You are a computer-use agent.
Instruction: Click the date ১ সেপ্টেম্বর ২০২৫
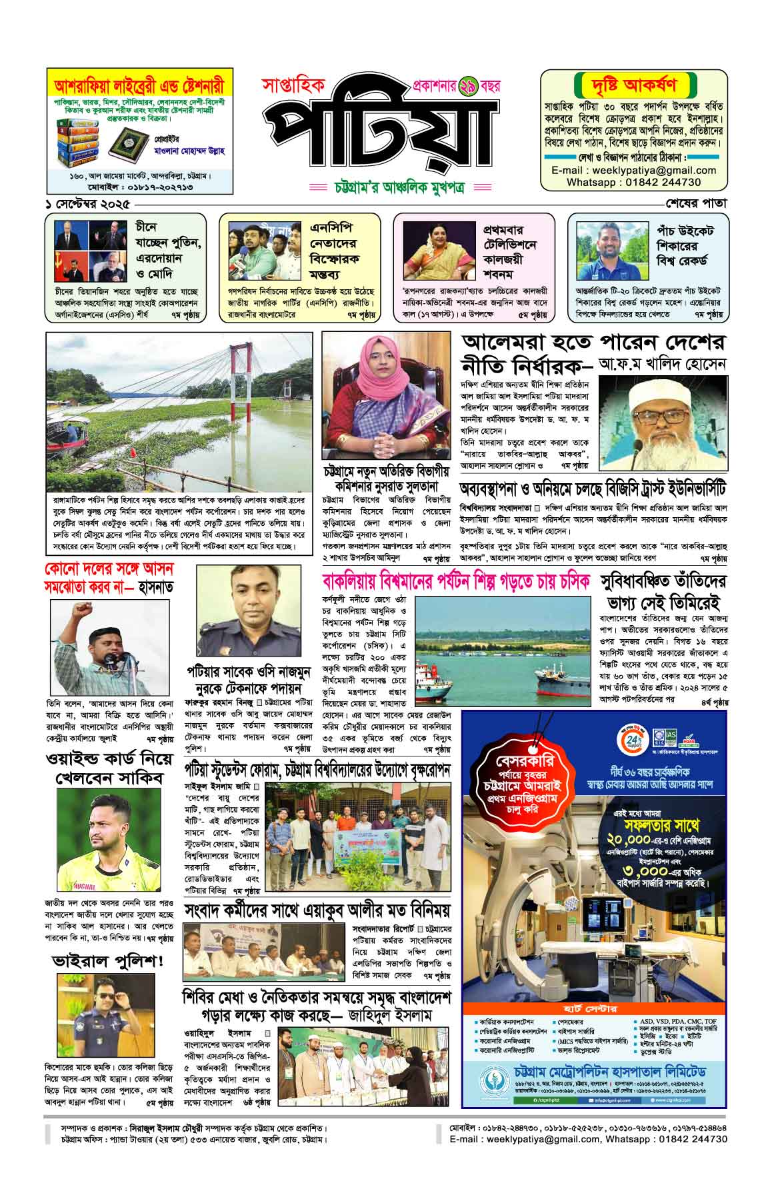click(x=85, y=203)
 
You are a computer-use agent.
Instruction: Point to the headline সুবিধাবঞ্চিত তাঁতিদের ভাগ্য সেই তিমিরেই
click(x=663, y=592)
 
